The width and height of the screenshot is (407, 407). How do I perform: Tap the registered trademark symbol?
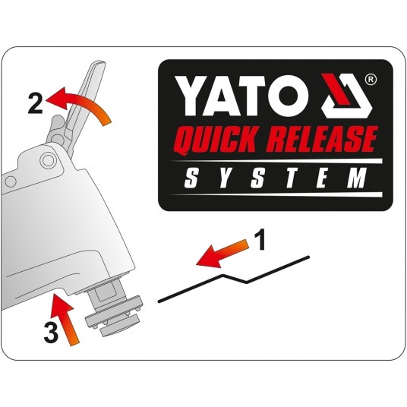tap(371, 80)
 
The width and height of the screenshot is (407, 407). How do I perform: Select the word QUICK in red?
tap(217, 140)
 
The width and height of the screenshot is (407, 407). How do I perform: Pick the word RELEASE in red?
tap(321, 139)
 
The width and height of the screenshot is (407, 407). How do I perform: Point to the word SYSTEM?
tap(276, 178)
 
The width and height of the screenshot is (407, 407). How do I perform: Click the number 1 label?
tap(260, 240)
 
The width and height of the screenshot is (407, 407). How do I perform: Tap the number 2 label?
tap(35, 103)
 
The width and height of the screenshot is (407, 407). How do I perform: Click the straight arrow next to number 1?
tap(222, 254)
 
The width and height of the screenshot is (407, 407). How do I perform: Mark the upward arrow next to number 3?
tap(65, 318)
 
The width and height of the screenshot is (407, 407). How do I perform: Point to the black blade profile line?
tap(234, 279)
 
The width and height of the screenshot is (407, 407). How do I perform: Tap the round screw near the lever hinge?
tap(48, 161)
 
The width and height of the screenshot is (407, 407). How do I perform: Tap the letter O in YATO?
tap(292, 96)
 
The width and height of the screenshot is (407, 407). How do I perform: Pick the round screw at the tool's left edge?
tap(11, 181)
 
